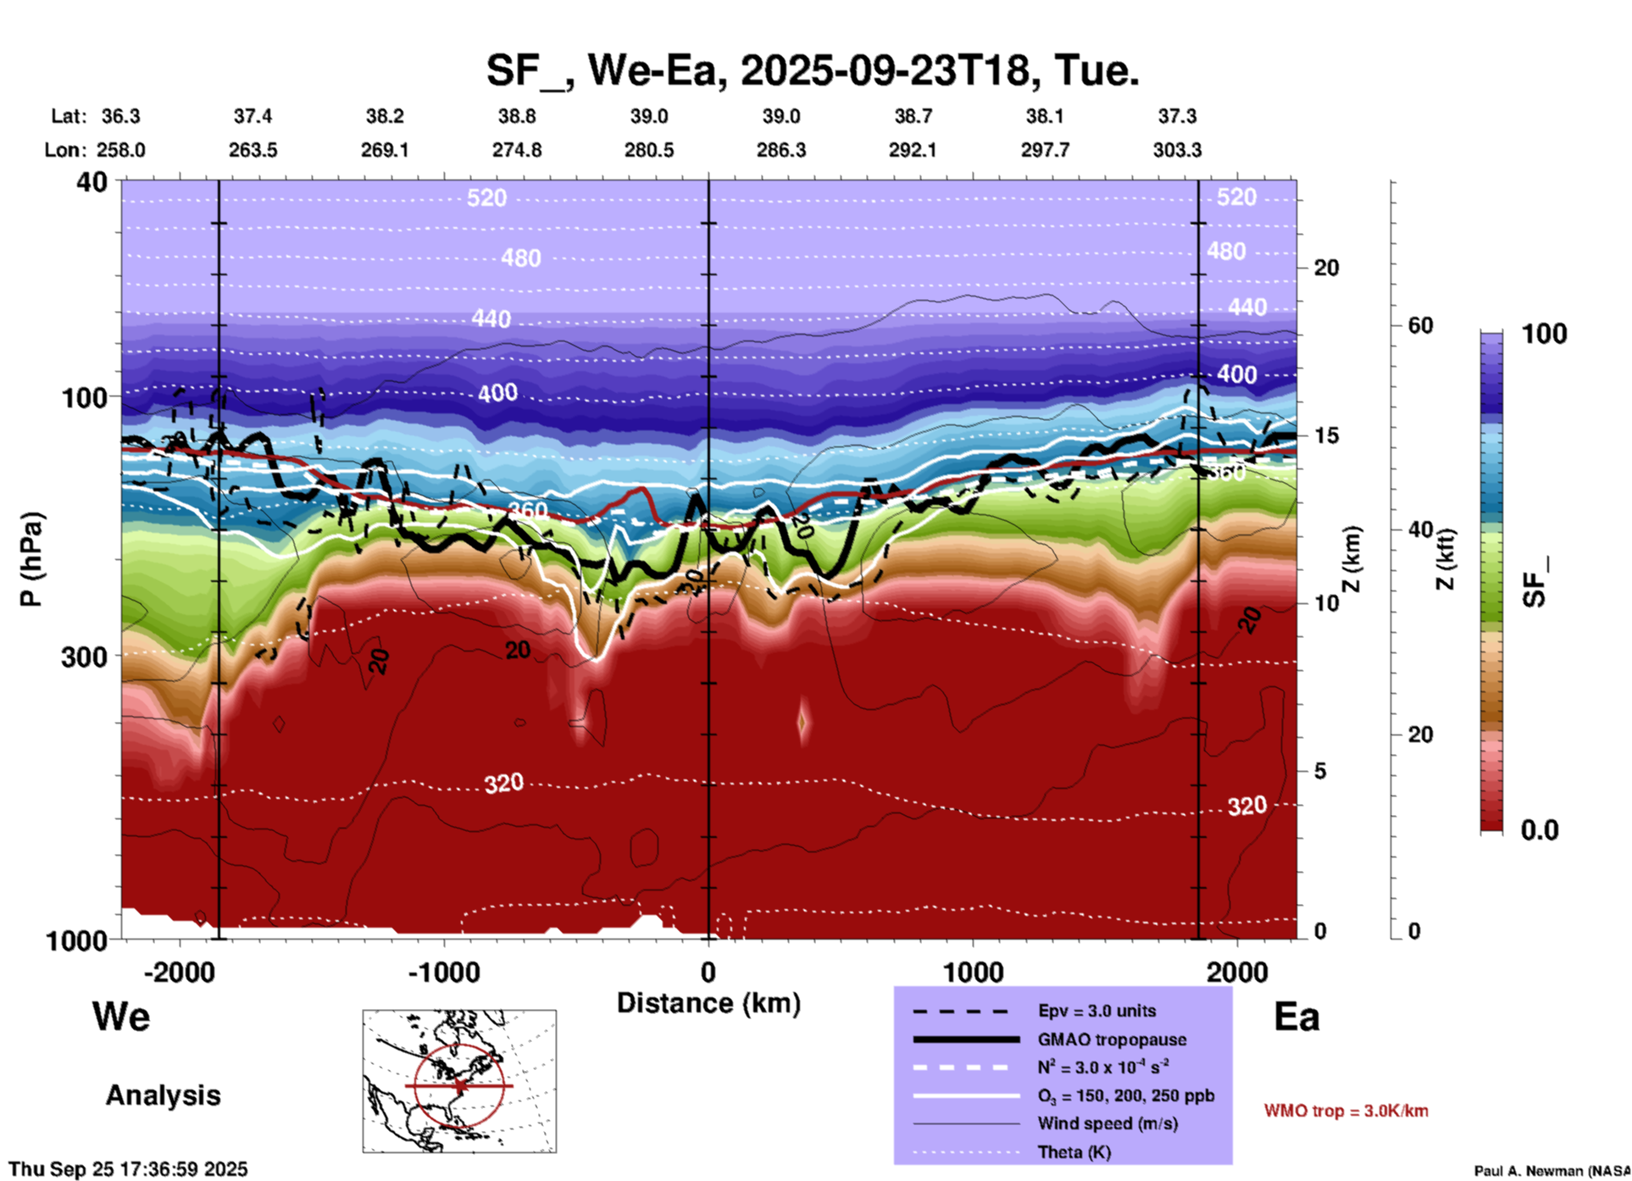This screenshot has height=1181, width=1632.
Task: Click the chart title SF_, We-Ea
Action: coord(812,69)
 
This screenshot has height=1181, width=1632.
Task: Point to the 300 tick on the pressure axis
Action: coord(85,656)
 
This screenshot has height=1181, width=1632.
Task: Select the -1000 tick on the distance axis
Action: coord(443,972)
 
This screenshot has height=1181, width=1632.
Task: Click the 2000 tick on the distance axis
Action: coord(1237,972)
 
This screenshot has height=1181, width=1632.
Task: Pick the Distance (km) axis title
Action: coord(708,1003)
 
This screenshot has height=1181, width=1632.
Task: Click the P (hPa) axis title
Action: coord(31,559)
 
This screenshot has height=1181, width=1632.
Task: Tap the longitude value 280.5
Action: coord(649,150)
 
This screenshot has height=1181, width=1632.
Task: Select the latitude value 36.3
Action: coord(120,116)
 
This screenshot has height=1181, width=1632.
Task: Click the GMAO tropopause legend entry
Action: coord(1112,1040)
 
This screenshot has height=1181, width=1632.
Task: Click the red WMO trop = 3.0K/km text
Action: coord(1346,1111)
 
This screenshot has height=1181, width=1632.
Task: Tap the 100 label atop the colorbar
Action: coord(1544,334)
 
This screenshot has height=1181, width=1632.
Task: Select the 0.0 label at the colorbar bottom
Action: coord(1540,830)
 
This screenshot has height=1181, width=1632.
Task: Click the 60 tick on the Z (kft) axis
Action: coord(1419,325)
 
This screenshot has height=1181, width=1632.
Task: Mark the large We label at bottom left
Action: coord(121,1017)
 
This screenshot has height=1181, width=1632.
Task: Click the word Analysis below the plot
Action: coord(163,1095)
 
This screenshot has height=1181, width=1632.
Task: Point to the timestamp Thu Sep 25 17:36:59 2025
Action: coord(128,1169)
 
